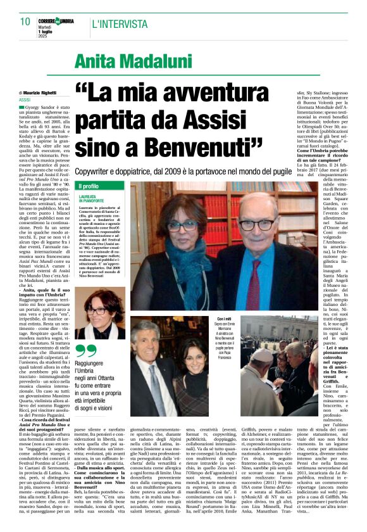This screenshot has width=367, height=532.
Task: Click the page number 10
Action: coord(25,22)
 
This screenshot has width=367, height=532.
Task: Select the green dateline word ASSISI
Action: coord(25,100)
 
